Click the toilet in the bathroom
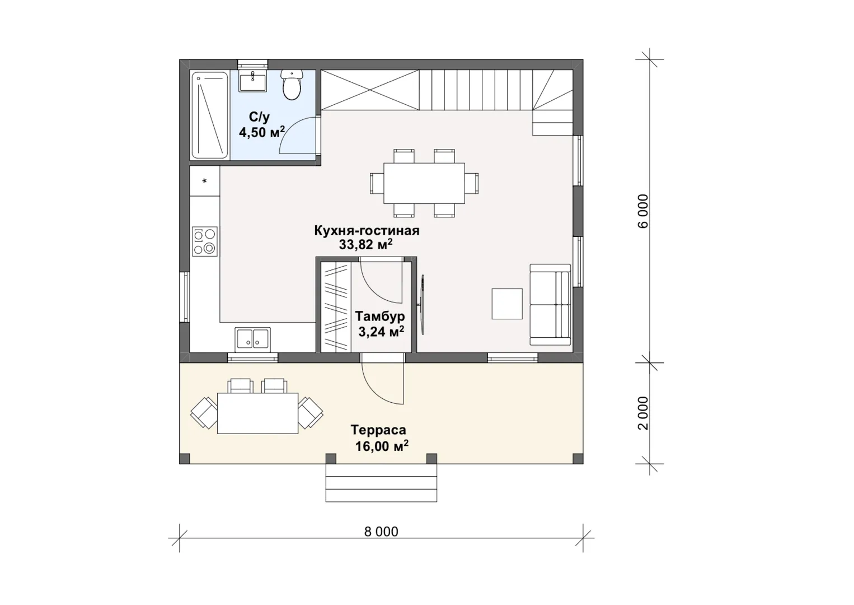click(x=292, y=85)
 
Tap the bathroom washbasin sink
click(x=253, y=81)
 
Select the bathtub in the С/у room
click(x=210, y=115)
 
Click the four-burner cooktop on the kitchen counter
click(x=205, y=241)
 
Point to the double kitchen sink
click(x=252, y=339)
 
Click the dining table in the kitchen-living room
click(x=424, y=183)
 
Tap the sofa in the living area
click(x=550, y=305)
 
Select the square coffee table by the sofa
click(x=507, y=304)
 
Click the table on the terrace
click(x=258, y=413)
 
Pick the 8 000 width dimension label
click(x=381, y=532)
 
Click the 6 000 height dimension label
click(x=643, y=211)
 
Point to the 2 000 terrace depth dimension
click(x=643, y=413)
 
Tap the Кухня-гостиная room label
click(x=367, y=231)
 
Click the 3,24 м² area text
click(x=381, y=331)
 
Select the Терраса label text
click(x=378, y=430)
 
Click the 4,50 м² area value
click(x=262, y=132)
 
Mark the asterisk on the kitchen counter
click(x=205, y=181)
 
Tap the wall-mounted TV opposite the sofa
click(x=421, y=305)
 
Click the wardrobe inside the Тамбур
click(x=336, y=307)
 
